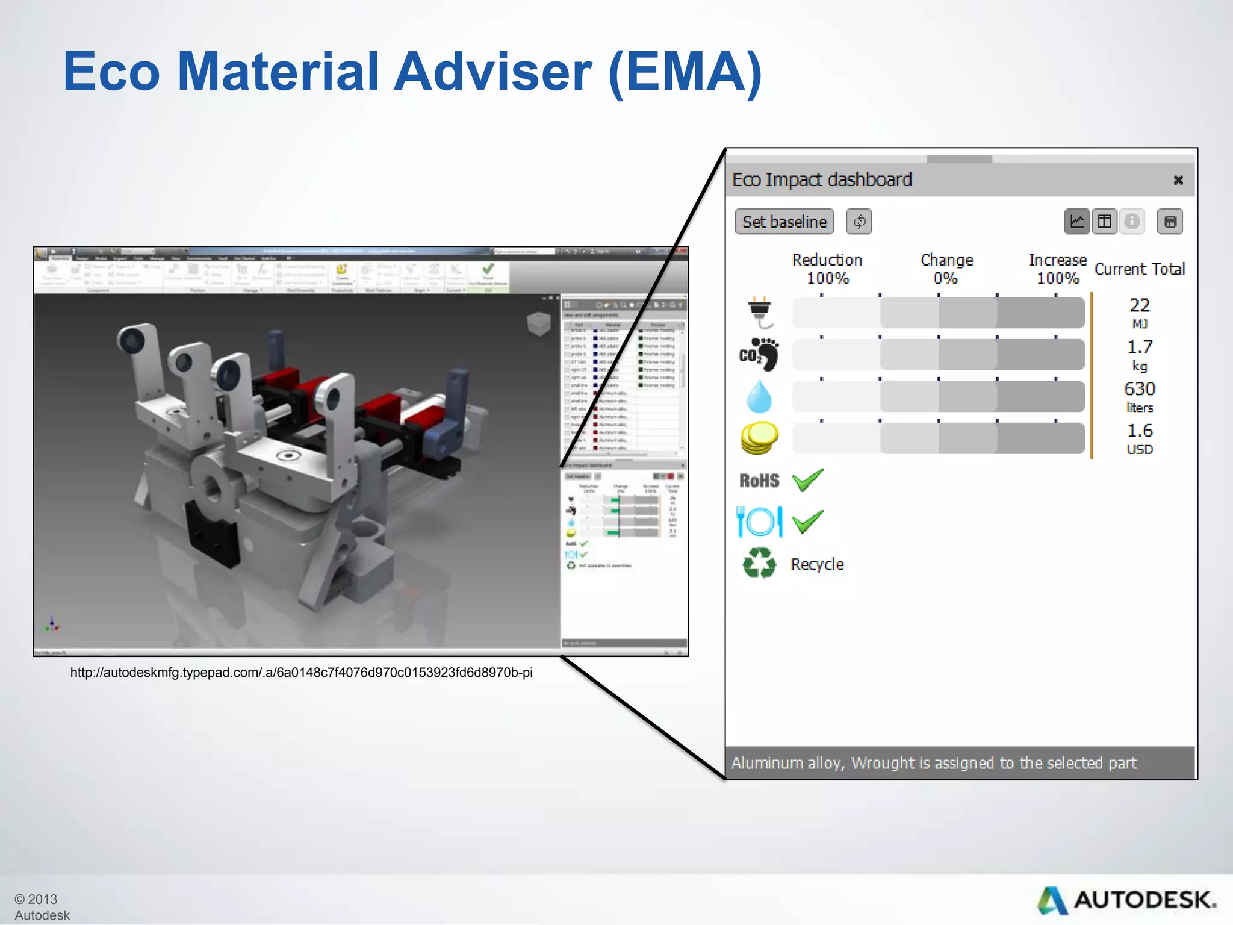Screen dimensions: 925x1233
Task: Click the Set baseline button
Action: click(x=784, y=222)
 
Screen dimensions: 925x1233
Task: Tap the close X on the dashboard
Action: click(x=1178, y=180)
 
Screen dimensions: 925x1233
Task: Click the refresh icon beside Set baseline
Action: click(x=859, y=222)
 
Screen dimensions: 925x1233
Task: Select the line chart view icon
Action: click(x=1076, y=222)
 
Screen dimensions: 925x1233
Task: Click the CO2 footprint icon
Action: click(x=759, y=354)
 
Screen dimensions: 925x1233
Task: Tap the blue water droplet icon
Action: click(x=759, y=396)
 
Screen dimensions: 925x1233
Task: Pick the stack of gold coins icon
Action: click(x=759, y=438)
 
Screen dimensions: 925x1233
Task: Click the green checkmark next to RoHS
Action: click(x=807, y=481)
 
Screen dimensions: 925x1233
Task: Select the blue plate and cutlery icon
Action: click(x=759, y=522)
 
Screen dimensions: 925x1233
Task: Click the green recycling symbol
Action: click(x=759, y=563)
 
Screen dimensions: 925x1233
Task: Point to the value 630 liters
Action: click(x=1139, y=396)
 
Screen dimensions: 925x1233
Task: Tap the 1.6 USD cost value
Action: click(x=1139, y=438)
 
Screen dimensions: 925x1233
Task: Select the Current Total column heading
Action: click(x=1139, y=269)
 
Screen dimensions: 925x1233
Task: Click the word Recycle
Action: click(x=817, y=564)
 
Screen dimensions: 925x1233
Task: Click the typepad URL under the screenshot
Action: click(x=301, y=673)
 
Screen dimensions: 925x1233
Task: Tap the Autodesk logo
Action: click(x=1126, y=900)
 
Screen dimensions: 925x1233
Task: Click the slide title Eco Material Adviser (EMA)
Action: click(x=412, y=72)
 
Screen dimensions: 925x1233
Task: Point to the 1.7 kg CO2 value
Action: click(x=1139, y=354)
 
